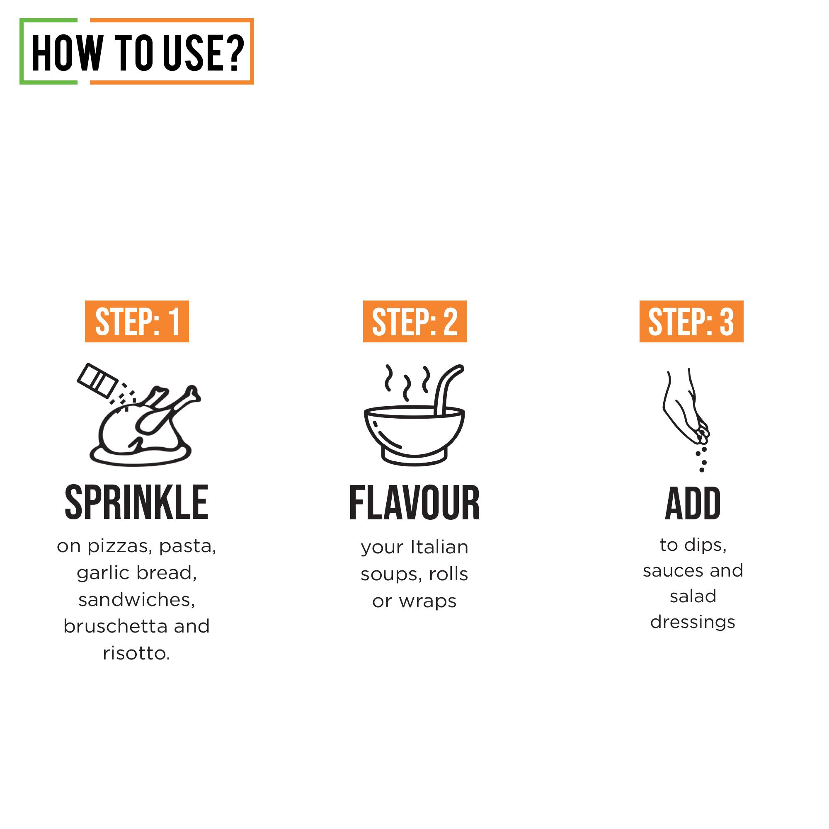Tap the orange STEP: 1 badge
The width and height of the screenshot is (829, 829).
point(136,321)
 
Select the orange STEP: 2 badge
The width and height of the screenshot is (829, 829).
point(414,321)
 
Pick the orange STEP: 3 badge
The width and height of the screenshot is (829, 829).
point(691,321)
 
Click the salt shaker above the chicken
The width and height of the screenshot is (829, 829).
point(97,380)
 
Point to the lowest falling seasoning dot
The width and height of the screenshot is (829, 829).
point(702,470)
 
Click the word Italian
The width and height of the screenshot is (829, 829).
point(439,547)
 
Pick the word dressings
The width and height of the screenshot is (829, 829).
point(692,622)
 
